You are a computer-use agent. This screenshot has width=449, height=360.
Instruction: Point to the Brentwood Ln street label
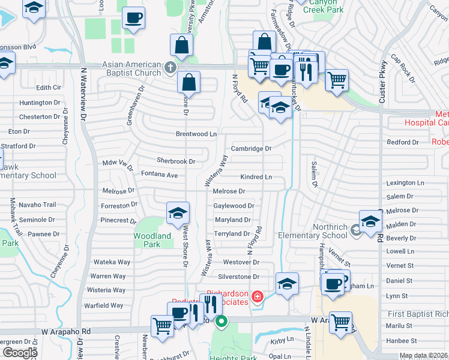[196, 134]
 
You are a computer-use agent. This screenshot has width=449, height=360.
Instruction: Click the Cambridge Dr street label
[252, 148]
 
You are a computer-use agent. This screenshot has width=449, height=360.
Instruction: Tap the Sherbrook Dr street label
[176, 161]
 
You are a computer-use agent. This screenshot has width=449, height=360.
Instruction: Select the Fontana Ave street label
[159, 175]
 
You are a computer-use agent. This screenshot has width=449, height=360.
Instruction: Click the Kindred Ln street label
[256, 177]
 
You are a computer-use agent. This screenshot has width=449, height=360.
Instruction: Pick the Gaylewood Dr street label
[234, 205]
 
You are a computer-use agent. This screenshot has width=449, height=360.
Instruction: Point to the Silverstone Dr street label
[238, 277]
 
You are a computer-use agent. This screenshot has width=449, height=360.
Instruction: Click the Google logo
[20, 353]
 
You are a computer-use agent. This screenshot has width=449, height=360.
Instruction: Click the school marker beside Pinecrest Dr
[178, 213]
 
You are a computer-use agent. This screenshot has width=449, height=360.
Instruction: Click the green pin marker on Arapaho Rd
[221, 322]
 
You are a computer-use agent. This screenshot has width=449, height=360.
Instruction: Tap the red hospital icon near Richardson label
[257, 296]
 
